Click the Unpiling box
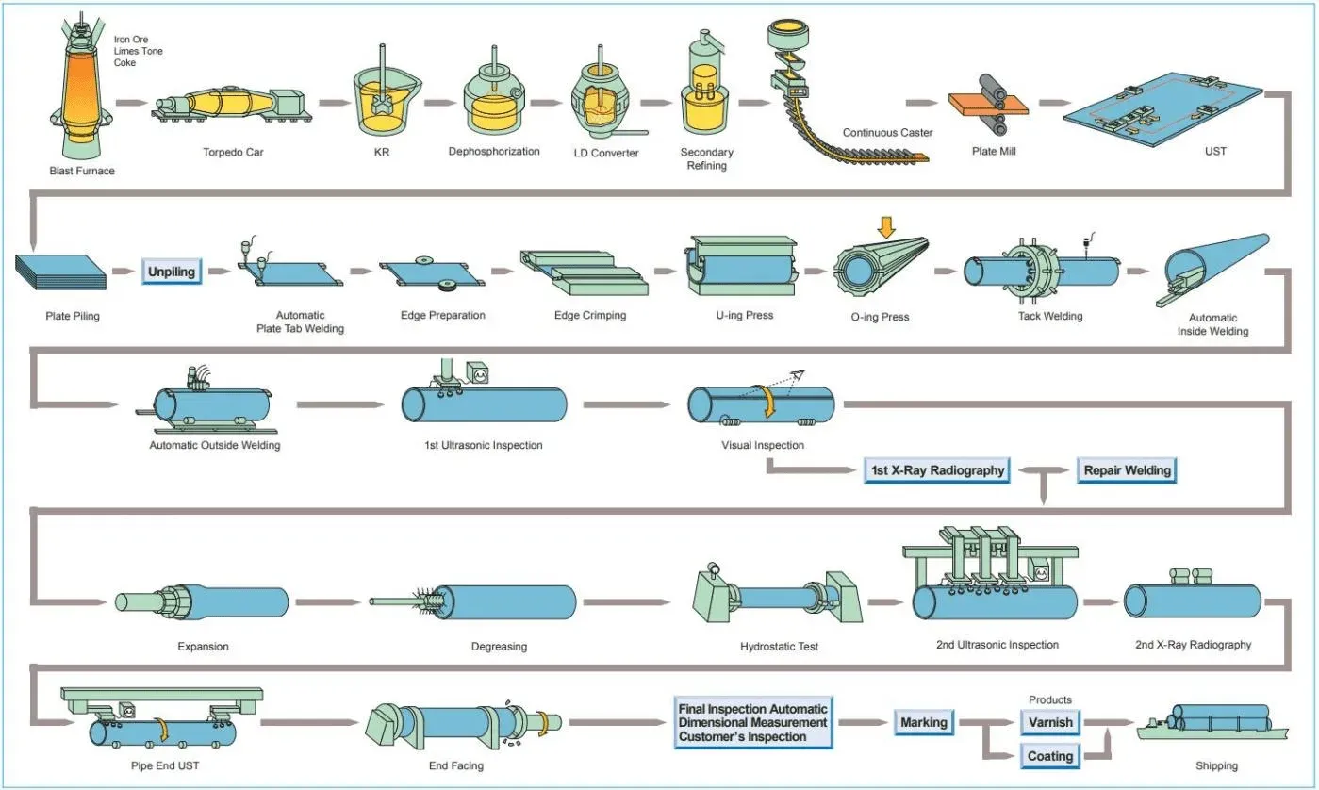click(x=172, y=272)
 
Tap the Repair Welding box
click(x=1127, y=469)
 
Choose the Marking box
click(x=924, y=722)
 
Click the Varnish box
click(x=1050, y=722)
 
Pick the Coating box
click(x=1050, y=756)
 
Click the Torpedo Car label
click(x=233, y=151)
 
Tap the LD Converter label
click(x=606, y=153)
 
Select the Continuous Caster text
click(x=887, y=133)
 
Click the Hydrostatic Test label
click(x=779, y=647)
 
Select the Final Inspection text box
click(x=752, y=722)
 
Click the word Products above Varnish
click(x=1050, y=699)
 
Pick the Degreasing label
click(x=499, y=647)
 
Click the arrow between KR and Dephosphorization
click(x=438, y=101)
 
